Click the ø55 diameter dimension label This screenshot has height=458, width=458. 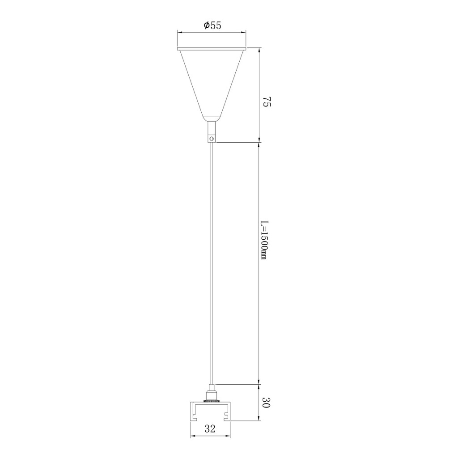point(212,25)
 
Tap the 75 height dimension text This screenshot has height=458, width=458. point(267,102)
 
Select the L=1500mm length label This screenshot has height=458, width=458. point(264,240)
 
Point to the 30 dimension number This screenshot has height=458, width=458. point(267,403)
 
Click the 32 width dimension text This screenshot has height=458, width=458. point(210,428)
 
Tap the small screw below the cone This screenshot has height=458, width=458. point(212,138)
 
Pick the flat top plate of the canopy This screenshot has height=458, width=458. point(212,48)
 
